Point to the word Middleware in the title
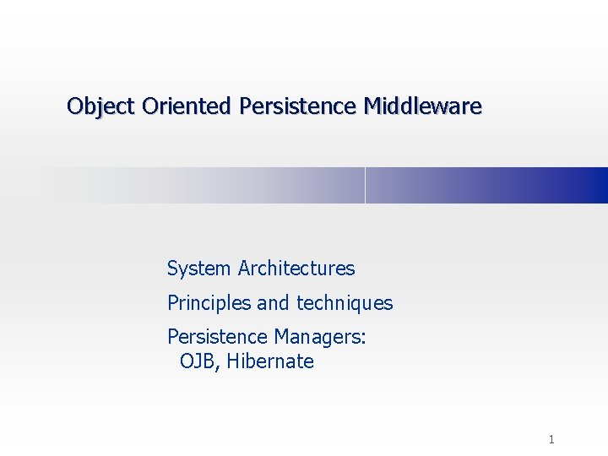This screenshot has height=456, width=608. click(x=423, y=106)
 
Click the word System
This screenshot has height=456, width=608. click(x=199, y=269)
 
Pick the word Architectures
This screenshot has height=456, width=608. click(x=296, y=269)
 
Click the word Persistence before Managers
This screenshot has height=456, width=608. click(x=218, y=337)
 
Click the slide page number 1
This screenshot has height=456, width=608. click(x=551, y=439)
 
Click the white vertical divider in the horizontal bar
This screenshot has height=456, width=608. click(x=365, y=185)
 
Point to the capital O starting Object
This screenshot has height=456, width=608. click(x=74, y=106)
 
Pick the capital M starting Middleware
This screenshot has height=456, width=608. click(x=372, y=106)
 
